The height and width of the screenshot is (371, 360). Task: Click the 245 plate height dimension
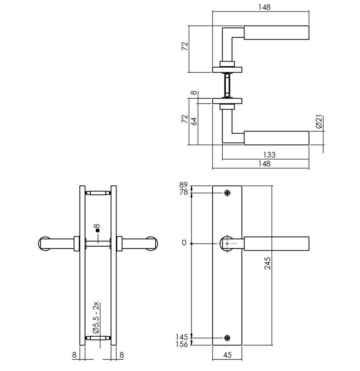click(x=268, y=263)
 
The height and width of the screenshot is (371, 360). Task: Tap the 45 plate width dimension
click(x=227, y=355)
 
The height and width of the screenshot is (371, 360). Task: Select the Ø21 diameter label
click(x=319, y=122)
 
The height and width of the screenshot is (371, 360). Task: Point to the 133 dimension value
click(x=269, y=155)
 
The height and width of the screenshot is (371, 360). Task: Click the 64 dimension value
click(x=194, y=121)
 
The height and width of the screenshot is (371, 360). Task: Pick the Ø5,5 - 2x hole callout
click(x=96, y=318)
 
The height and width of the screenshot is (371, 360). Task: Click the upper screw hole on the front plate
click(x=227, y=193)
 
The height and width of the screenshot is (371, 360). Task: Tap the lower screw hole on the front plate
click(x=227, y=338)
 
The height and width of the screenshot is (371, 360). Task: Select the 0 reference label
click(x=184, y=243)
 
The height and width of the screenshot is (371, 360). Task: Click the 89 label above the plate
click(x=183, y=185)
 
